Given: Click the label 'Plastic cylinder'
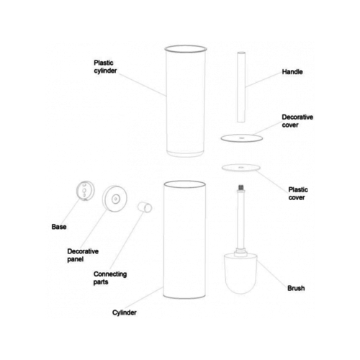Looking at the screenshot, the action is [105, 67].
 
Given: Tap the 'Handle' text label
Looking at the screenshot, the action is [292, 71].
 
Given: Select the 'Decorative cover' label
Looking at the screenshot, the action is [297, 121].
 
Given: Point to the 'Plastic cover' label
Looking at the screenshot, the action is [298, 194].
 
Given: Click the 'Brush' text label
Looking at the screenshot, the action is [296, 288].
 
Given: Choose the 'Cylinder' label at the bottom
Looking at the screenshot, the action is [125, 312].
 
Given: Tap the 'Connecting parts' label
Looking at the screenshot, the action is [110, 278].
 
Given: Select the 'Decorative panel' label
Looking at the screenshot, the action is [83, 255].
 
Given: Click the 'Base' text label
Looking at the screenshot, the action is [59, 227].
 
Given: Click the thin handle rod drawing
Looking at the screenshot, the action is [241, 86].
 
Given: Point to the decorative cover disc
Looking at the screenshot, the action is [242, 138].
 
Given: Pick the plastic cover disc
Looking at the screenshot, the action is [241, 168].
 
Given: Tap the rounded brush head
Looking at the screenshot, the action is [240, 274].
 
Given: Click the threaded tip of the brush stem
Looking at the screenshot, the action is [240, 187].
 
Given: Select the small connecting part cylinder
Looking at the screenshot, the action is [145, 207].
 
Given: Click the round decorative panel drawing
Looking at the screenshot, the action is [114, 199].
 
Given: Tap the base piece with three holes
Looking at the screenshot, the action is [85, 191].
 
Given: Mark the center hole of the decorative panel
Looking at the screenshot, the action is [116, 199].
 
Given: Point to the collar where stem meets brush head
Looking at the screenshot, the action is [240, 251].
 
